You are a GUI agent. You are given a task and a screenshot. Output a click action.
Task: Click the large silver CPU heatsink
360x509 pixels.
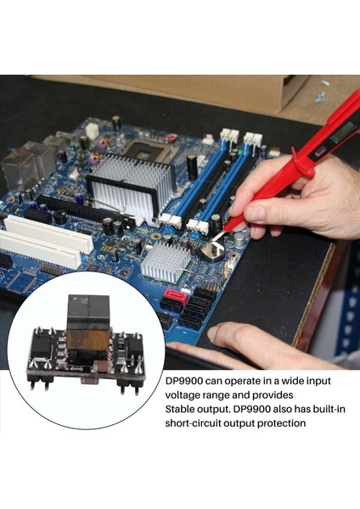tap(132, 182)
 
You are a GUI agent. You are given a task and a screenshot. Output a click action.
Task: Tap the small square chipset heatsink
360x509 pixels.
tap(166, 260)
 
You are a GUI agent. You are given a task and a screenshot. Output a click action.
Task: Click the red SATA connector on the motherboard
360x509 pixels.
tap(175, 296)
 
